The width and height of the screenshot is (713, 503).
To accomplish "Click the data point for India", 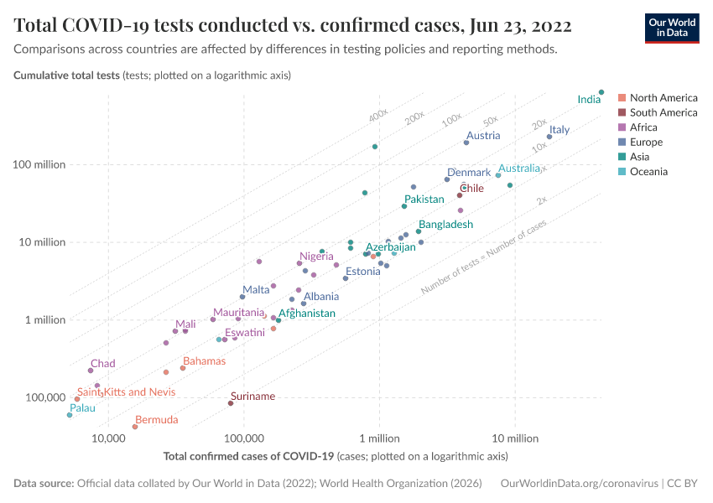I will pos(601,92).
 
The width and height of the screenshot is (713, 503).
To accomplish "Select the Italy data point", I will pos(549,137).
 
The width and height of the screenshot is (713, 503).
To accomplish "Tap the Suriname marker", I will pos(231,403).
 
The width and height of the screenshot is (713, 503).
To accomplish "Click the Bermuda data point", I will pos(135,427).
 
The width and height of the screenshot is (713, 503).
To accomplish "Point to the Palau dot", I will pos(70,415).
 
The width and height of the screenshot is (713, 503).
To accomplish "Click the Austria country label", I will pos(483,136).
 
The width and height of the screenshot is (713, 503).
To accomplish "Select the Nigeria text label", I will pos(316,257).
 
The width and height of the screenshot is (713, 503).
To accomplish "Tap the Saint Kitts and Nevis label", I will pos(126,392).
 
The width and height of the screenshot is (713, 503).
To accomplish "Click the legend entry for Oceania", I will pos(648,172).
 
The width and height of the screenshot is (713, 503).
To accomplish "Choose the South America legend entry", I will pos(663,112).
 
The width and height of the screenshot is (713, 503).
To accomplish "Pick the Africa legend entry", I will pos(643,127).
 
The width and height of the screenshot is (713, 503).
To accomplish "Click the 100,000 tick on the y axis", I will pos(45,397).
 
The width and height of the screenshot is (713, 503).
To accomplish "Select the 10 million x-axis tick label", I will pos(514,438).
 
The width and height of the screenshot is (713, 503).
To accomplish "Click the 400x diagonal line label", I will pos(377,114).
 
